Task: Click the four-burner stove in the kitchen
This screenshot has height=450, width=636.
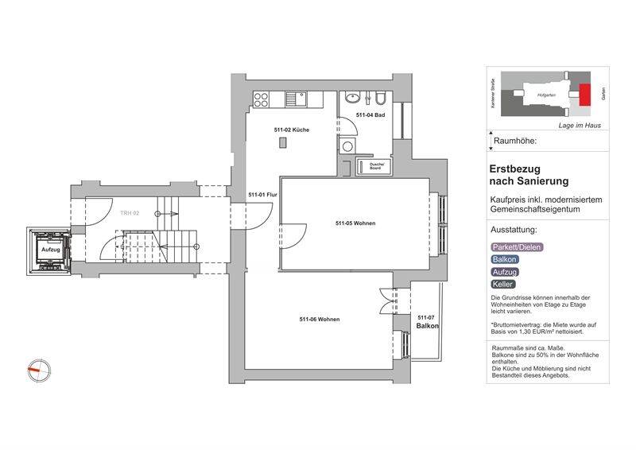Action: pyautogui.click(x=262, y=99)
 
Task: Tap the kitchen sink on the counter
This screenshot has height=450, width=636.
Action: pyautogui.click(x=296, y=99)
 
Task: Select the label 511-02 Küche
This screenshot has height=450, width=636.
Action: pyautogui.click(x=292, y=129)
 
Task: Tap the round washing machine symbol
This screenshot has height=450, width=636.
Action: pyautogui.click(x=347, y=146)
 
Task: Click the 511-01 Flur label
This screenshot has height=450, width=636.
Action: pyautogui.click(x=262, y=195)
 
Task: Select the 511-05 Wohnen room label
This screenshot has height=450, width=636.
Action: pyautogui.click(x=355, y=223)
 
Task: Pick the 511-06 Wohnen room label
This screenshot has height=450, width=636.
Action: pyautogui.click(x=320, y=319)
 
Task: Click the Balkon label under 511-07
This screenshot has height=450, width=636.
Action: pyautogui.click(x=427, y=326)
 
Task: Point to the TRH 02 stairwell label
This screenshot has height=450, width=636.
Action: pyautogui.click(x=130, y=214)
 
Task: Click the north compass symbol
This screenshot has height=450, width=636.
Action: pyautogui.click(x=38, y=369)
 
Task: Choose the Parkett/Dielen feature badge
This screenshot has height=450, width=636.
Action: pyautogui.click(x=514, y=246)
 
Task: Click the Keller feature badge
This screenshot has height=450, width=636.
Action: pyautogui.click(x=503, y=284)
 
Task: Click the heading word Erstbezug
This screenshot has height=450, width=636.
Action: pyautogui.click(x=518, y=169)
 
